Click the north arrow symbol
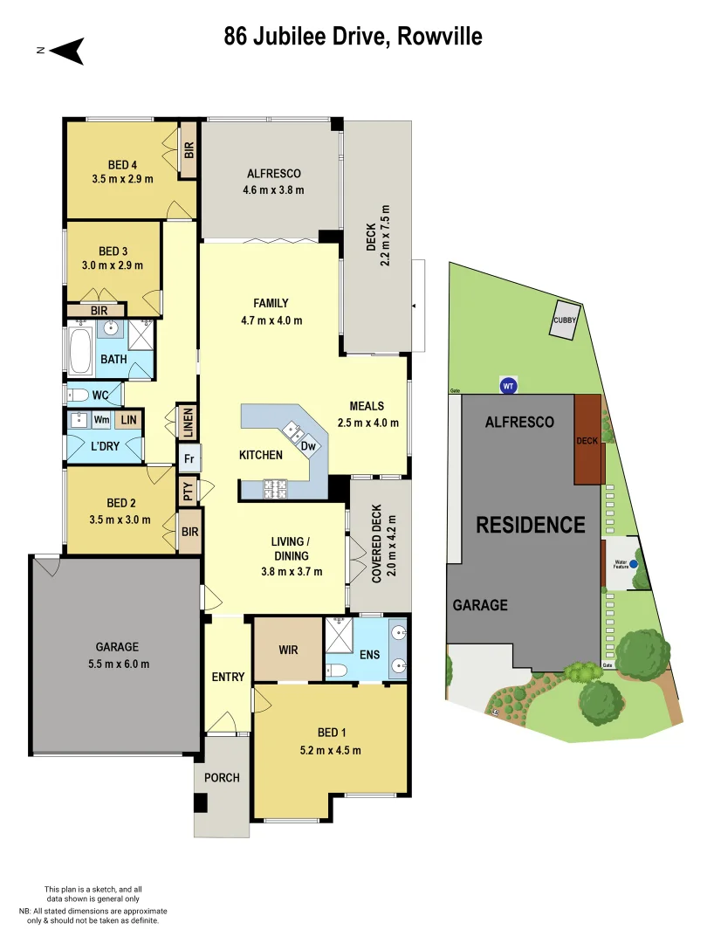point(66,51)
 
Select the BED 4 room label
point(122,164)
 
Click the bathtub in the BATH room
point(82,350)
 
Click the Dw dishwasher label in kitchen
point(308,445)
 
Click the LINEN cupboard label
point(187,423)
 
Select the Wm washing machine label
point(101,420)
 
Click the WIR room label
point(288,650)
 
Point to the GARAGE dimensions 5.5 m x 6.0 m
point(117,664)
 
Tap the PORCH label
point(222,777)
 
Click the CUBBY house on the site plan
point(565,320)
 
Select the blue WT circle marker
point(508,385)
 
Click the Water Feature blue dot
point(635,564)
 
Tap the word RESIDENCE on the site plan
point(530,525)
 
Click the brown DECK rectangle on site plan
point(587,440)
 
